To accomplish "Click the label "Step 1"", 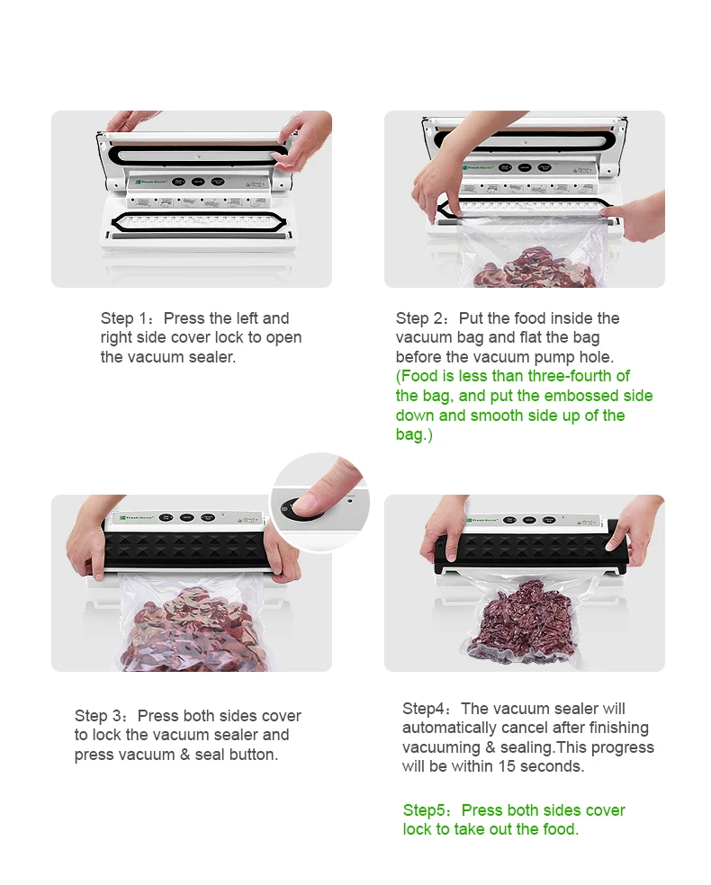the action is [x=123, y=318].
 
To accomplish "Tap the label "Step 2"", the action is [x=419, y=318].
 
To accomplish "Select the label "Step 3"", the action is [x=98, y=716].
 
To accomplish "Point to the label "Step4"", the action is [x=424, y=709].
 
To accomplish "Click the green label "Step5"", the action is [x=424, y=810].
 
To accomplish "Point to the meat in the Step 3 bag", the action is [x=193, y=630].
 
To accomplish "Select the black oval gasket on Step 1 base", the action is [x=198, y=222].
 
